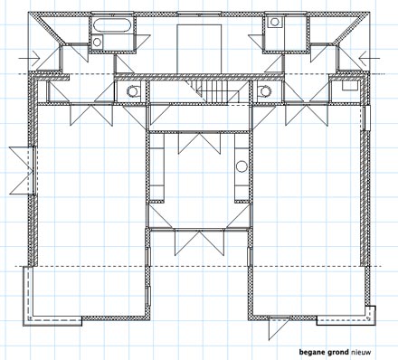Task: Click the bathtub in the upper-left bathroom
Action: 110,25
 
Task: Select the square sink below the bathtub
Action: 97,42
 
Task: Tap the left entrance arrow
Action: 29,58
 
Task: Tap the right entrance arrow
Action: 370,58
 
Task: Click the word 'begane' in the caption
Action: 311,352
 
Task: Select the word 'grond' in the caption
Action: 336,352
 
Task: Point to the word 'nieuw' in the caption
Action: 361,352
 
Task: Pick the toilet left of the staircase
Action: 134,90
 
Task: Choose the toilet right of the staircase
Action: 264,90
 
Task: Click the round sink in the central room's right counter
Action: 242,166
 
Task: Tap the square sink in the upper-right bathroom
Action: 275,22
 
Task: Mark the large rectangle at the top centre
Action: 199,49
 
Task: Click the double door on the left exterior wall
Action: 23,170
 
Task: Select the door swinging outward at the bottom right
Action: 279,327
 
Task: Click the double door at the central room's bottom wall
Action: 199,242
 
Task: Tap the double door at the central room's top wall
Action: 199,144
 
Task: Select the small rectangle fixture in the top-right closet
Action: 350,86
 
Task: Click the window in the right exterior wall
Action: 367,118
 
